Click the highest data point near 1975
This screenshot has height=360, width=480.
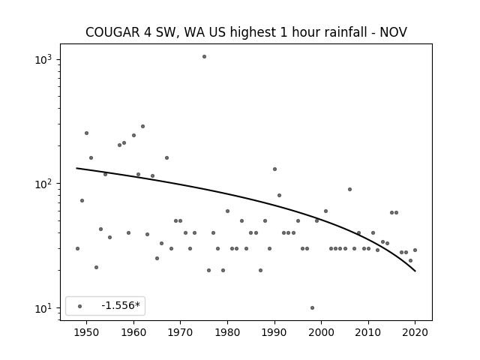pyautogui.click(x=204, y=57)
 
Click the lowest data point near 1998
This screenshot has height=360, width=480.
pyautogui.click(x=312, y=308)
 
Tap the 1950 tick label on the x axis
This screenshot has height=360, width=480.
pyautogui.click(x=87, y=332)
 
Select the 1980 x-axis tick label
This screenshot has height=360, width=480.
pyautogui.click(x=227, y=332)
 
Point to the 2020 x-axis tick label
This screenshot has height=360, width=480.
pyautogui.click(x=415, y=332)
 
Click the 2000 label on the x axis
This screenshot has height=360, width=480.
pyautogui.click(x=322, y=332)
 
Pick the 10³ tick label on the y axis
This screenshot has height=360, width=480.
pyautogui.click(x=43, y=59)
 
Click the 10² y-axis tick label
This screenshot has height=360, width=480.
pyautogui.click(x=43, y=184)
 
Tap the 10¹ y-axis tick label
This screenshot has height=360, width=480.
pyautogui.click(x=43, y=308)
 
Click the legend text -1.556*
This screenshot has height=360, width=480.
pyautogui.click(x=121, y=305)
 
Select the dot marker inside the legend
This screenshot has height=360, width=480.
pyautogui.click(x=80, y=307)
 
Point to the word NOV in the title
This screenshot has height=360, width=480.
pyautogui.click(x=393, y=32)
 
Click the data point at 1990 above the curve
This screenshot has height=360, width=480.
pyautogui.click(x=275, y=169)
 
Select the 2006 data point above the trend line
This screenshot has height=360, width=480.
pyautogui.click(x=350, y=190)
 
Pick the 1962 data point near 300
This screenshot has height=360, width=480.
pyautogui.click(x=142, y=127)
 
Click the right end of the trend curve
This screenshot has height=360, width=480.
pyautogui.click(x=415, y=271)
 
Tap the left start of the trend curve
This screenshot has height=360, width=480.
pyautogui.click(x=76, y=168)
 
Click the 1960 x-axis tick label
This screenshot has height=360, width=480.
pyautogui.click(x=133, y=332)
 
